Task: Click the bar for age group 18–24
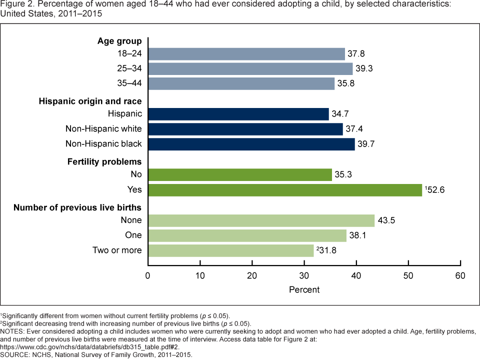(x=246, y=53)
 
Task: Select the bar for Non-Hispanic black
(x=251, y=144)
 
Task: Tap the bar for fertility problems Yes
(x=285, y=190)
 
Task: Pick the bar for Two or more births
(x=231, y=250)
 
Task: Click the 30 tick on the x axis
(x=304, y=275)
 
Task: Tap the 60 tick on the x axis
(x=460, y=275)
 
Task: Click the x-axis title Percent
(x=304, y=289)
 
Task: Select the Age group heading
(x=119, y=41)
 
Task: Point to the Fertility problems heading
(x=104, y=161)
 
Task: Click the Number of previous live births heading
(x=77, y=207)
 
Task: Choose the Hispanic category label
(x=125, y=114)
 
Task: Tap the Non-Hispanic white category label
(x=103, y=129)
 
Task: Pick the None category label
(x=131, y=220)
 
